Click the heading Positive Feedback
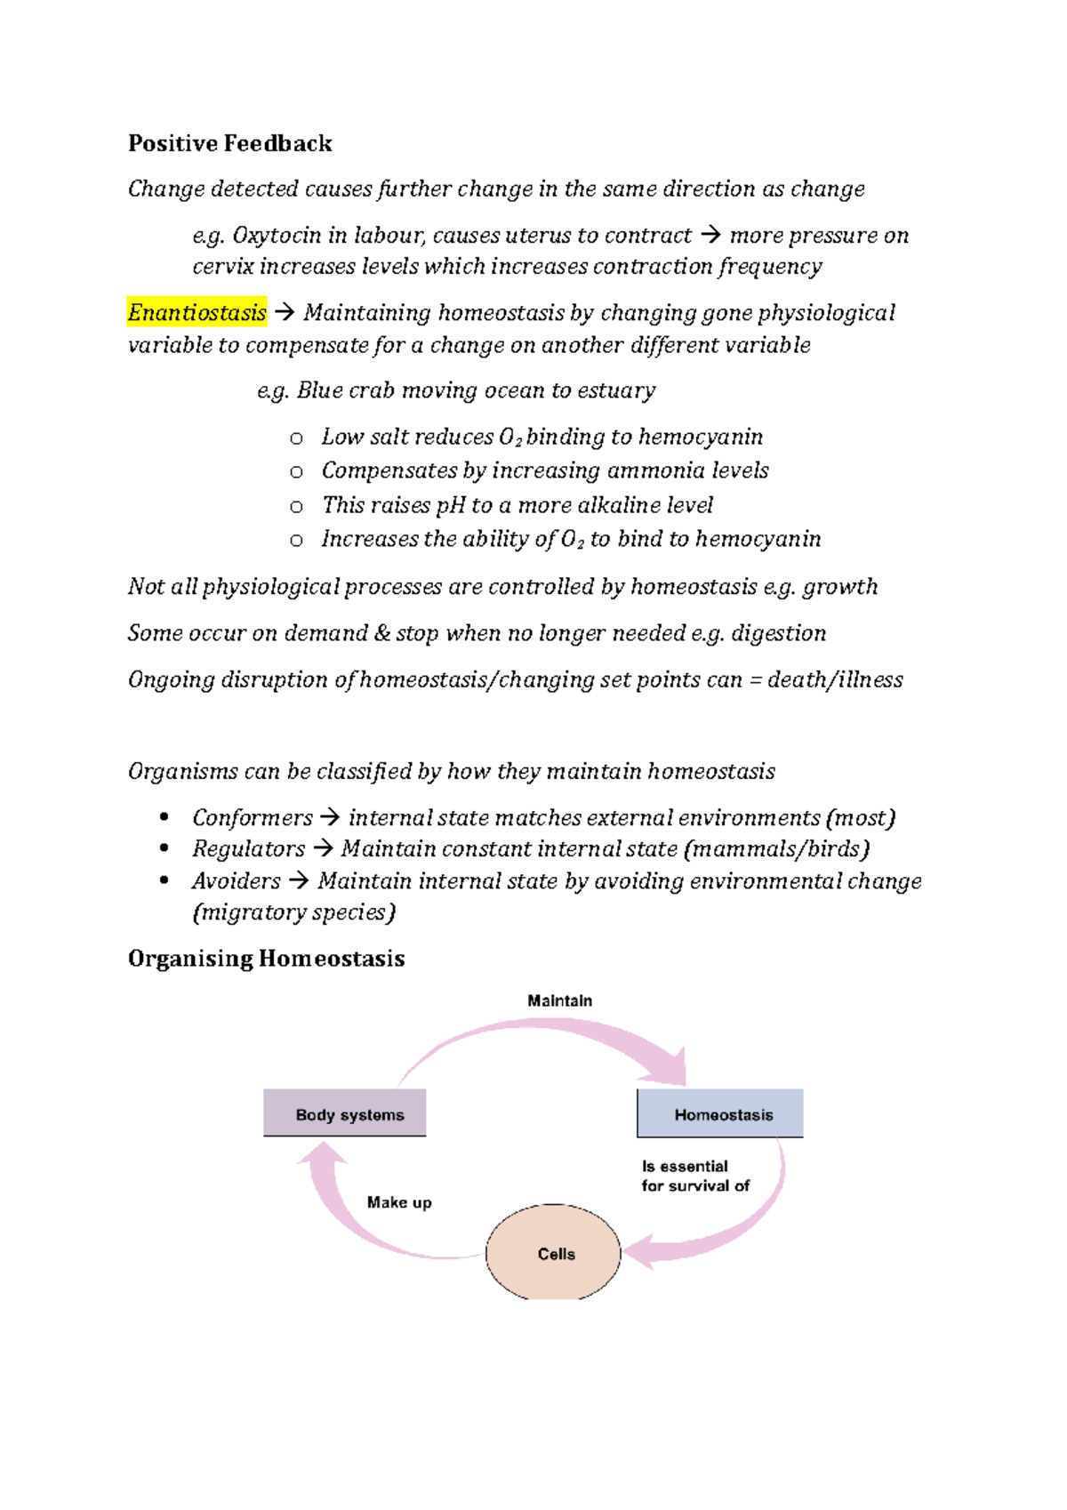pos(229,143)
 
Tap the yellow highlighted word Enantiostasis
pos(197,313)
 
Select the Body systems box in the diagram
pos(345,1113)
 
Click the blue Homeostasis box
pos(720,1114)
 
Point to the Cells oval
pos(554,1253)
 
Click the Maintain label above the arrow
pos(559,1000)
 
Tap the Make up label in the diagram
pos(399,1202)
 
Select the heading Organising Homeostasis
pos(266,959)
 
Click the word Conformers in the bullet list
pos(253,818)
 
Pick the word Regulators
pos(248,849)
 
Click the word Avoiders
pos(236,881)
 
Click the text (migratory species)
pos(293,912)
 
